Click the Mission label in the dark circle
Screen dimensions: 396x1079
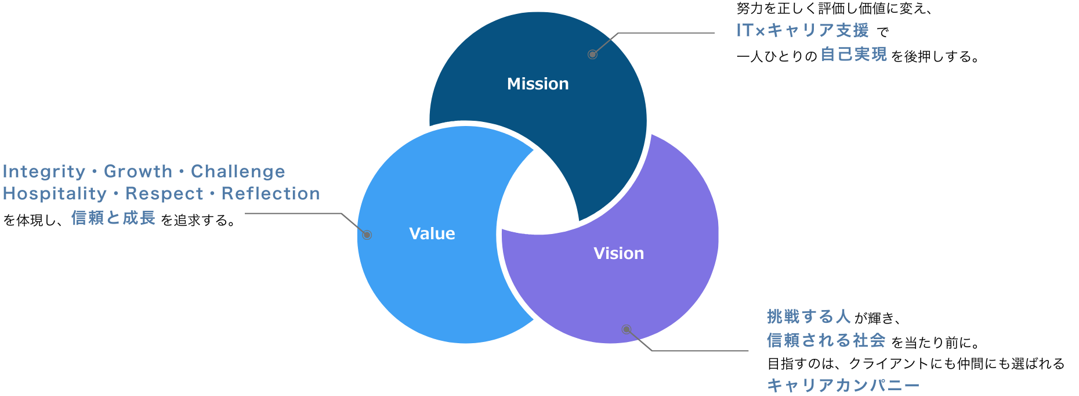(x=538, y=84)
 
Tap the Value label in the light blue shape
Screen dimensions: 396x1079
(x=432, y=233)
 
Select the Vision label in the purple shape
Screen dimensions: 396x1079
(x=618, y=253)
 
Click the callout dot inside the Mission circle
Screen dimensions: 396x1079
(x=592, y=55)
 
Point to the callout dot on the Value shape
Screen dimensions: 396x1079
(x=367, y=235)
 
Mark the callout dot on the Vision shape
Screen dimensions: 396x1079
(x=626, y=329)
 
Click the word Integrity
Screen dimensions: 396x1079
(x=44, y=172)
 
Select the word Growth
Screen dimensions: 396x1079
(x=138, y=172)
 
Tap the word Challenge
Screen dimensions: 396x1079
(x=238, y=172)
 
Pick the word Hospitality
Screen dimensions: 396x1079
(x=55, y=194)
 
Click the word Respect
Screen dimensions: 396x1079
(x=164, y=194)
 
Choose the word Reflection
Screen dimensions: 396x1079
(x=270, y=194)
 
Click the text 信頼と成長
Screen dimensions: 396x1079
(x=113, y=218)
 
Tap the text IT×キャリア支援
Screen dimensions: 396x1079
(x=802, y=30)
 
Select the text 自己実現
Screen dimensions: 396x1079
(x=853, y=54)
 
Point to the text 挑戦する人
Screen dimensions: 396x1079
(x=809, y=316)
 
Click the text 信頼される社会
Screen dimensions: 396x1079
(x=825, y=340)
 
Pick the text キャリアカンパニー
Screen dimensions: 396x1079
(x=843, y=385)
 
